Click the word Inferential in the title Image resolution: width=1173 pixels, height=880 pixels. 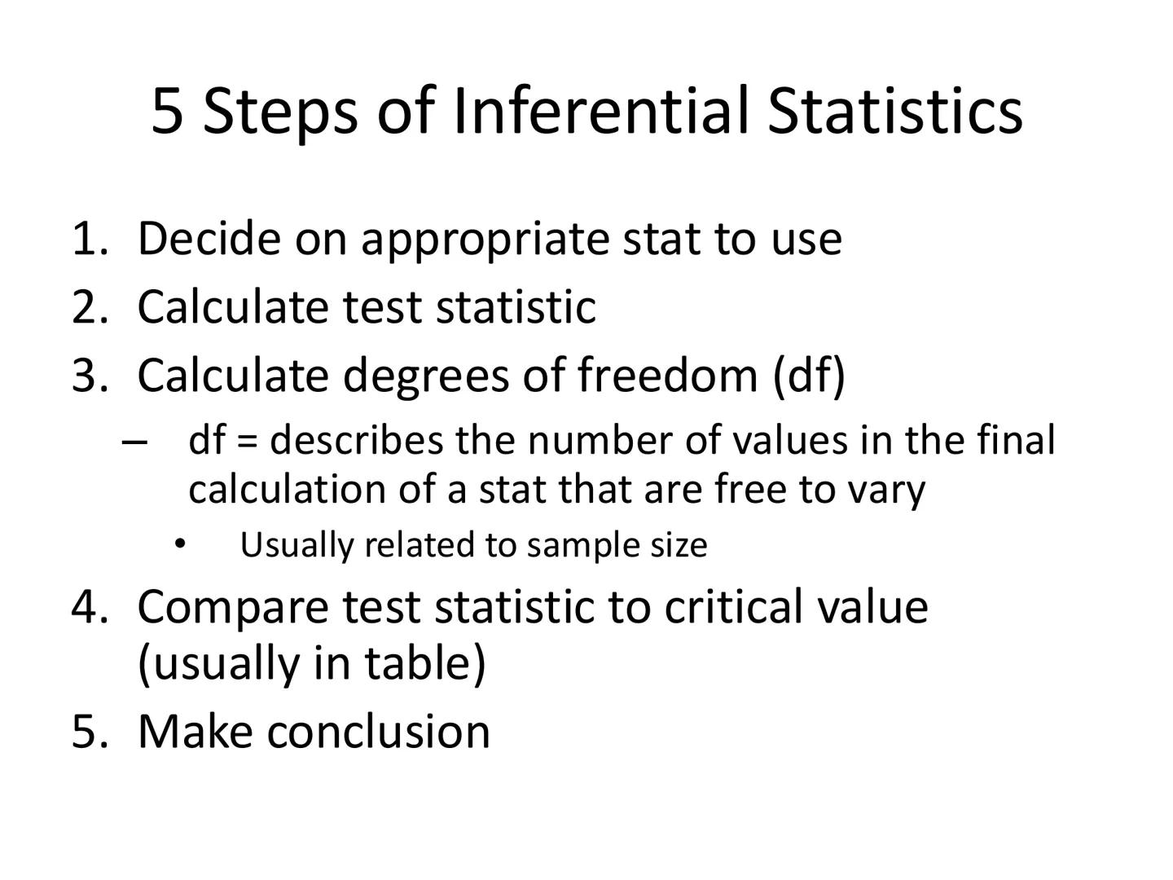tap(600, 110)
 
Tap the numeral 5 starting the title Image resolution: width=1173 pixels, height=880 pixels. tap(168, 112)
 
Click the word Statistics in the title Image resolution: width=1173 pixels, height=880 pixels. tap(894, 110)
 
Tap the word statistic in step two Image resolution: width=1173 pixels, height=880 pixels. tap(516, 307)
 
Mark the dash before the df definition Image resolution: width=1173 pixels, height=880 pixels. tap(134, 442)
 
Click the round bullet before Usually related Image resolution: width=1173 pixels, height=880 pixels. tap(180, 543)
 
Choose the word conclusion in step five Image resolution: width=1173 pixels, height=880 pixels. tap(379, 731)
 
